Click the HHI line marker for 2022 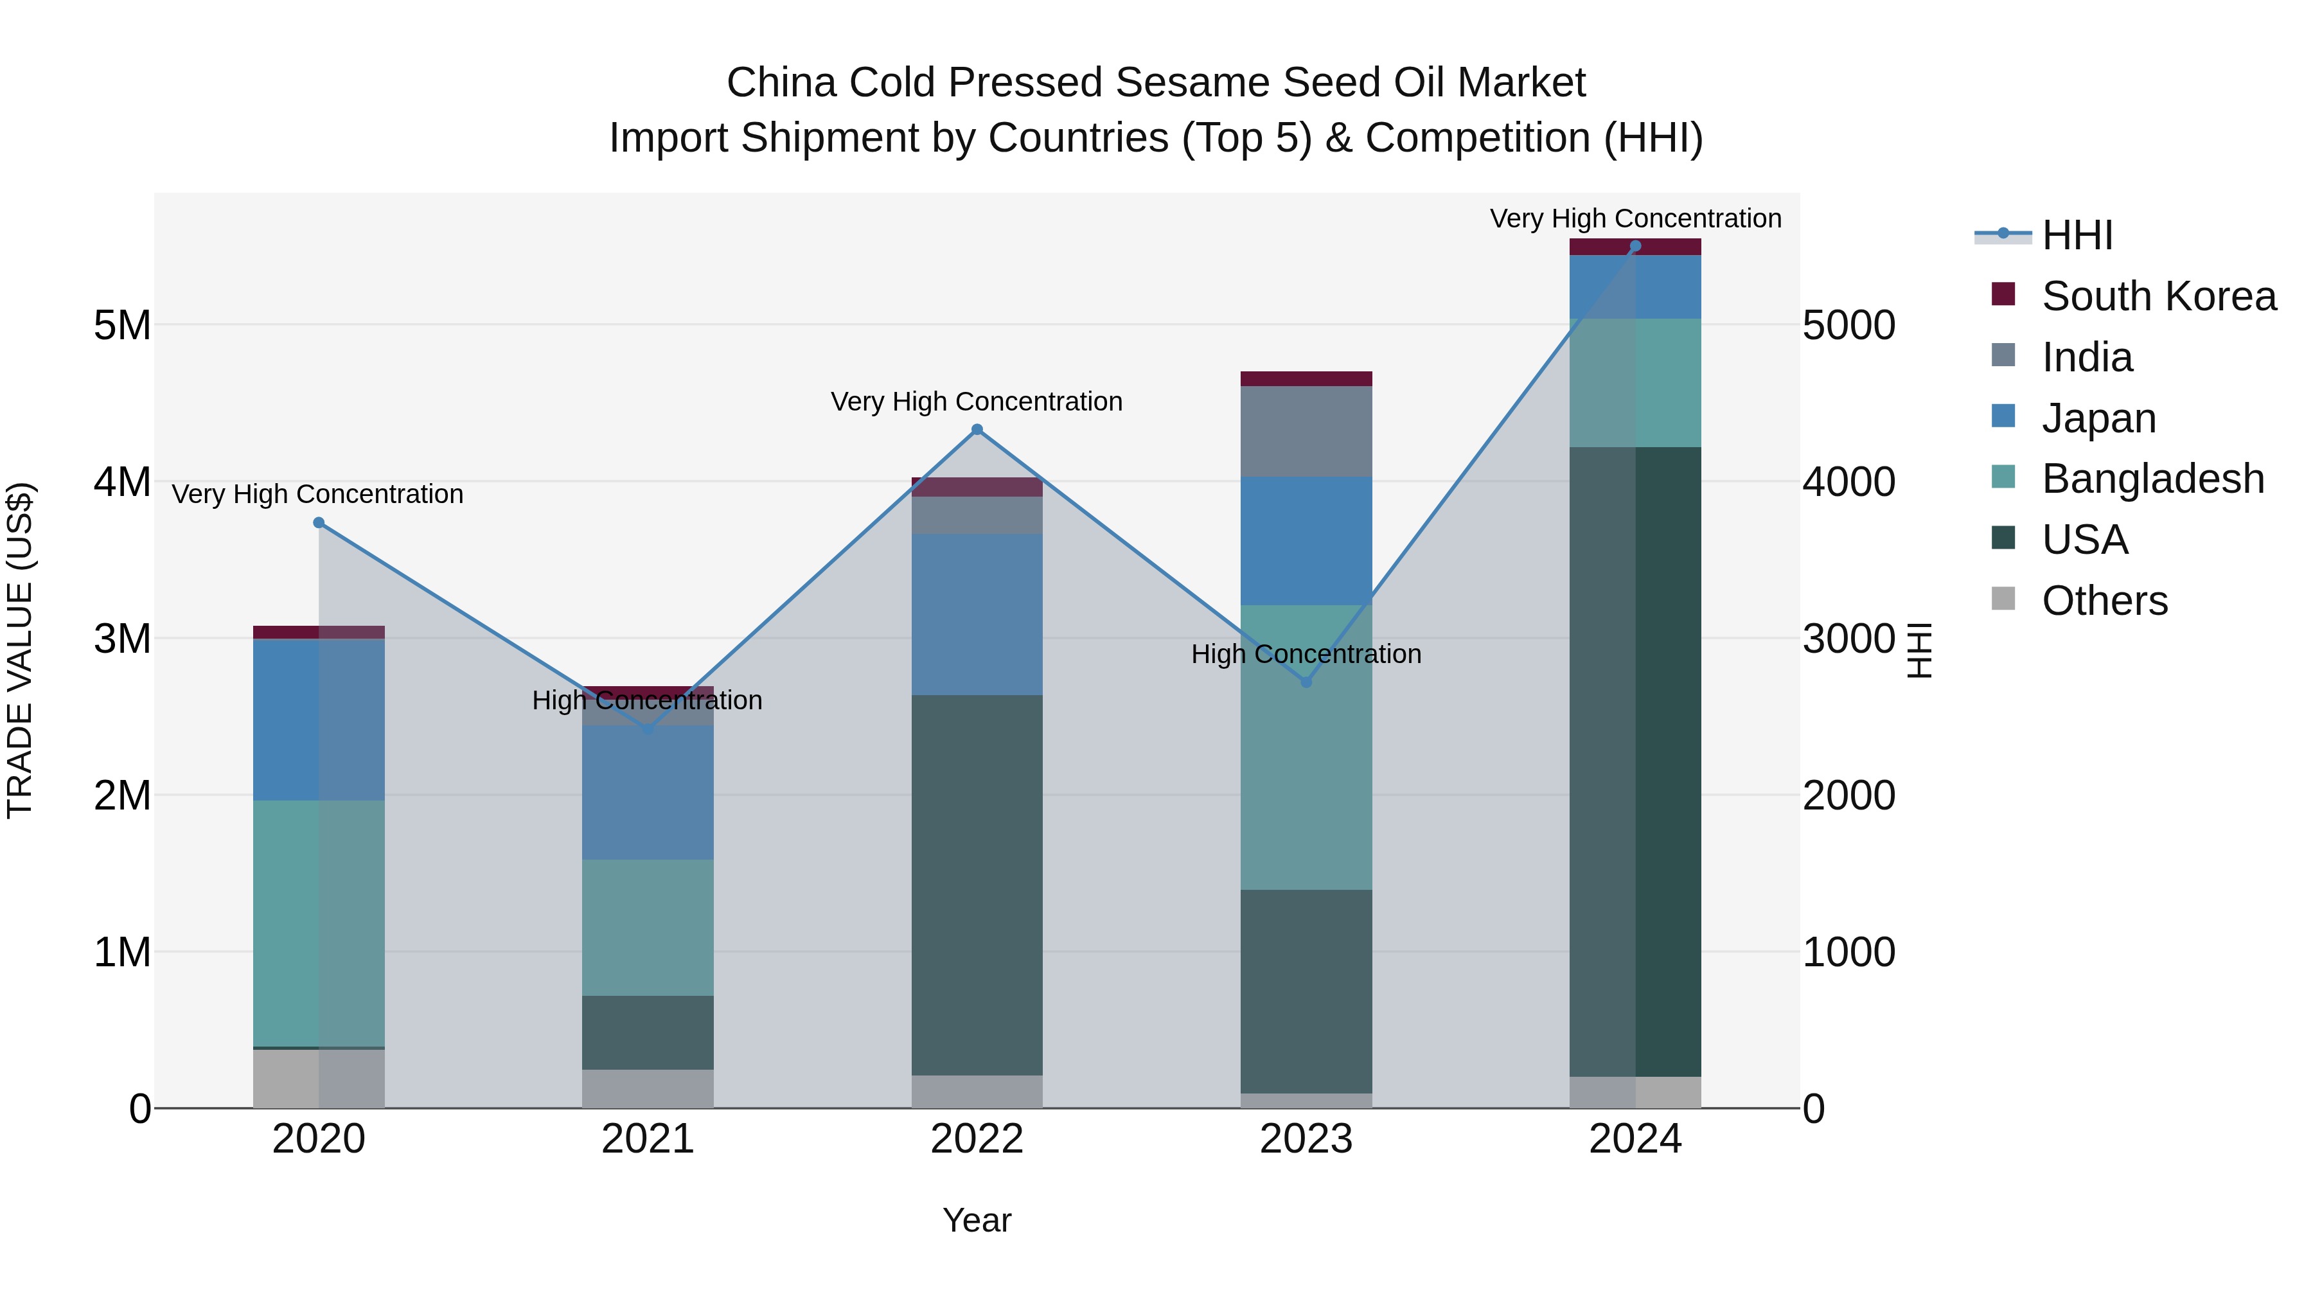(x=977, y=430)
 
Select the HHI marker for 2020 (x=319, y=522)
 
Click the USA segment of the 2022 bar (x=977, y=885)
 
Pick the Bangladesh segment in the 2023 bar (x=1306, y=747)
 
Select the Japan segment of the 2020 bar (x=319, y=719)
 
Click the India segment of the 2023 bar (x=1306, y=431)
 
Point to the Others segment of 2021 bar (x=648, y=1088)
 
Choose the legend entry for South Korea (x=2158, y=296)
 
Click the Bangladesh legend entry (x=2152, y=479)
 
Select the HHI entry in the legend (x=2077, y=235)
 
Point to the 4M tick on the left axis (x=122, y=482)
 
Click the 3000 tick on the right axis (x=1848, y=639)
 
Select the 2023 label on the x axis (x=1306, y=1139)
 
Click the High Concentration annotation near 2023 (x=1306, y=655)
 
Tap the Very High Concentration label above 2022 (x=976, y=402)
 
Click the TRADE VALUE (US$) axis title (x=20, y=650)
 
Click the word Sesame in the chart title (x=1187, y=83)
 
